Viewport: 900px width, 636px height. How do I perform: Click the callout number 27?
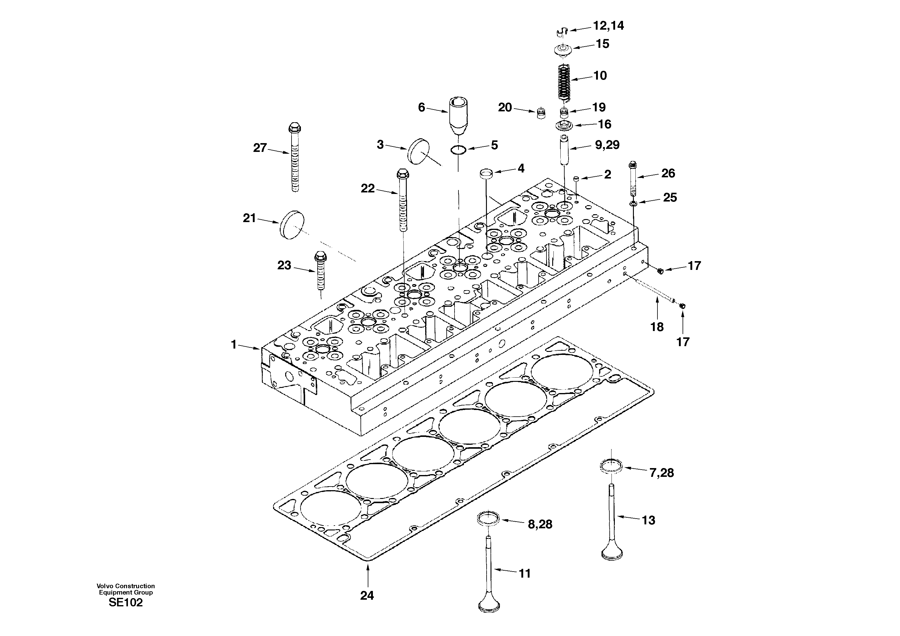[x=260, y=148]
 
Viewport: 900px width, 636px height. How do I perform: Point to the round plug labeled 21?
[x=292, y=224]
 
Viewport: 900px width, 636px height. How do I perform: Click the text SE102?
[x=126, y=602]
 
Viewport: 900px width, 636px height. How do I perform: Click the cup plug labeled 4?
[x=486, y=173]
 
